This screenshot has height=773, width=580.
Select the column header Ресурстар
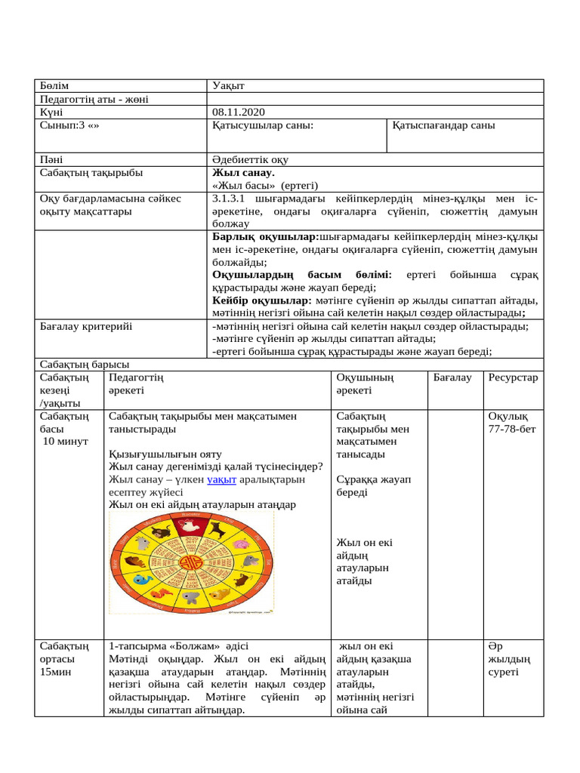(513, 377)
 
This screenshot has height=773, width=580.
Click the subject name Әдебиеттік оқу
(251, 160)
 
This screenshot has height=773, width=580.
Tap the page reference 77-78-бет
(513, 430)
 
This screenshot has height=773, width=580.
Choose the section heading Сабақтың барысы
(84, 364)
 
